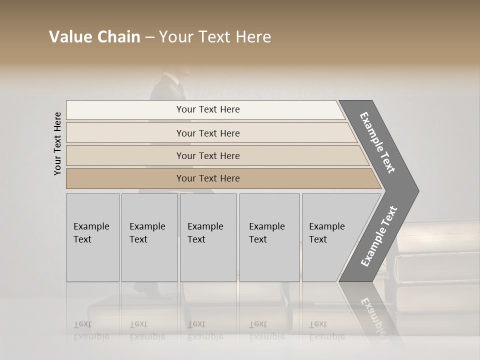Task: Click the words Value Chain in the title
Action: (94, 37)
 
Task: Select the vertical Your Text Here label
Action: (58, 143)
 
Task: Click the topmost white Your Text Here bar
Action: (207, 109)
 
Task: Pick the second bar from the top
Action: (207, 133)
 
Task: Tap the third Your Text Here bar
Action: (207, 155)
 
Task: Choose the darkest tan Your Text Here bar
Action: (207, 178)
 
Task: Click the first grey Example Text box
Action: (92, 237)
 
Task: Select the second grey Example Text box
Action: (149, 237)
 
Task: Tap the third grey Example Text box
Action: (208, 237)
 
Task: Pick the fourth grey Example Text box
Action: (269, 237)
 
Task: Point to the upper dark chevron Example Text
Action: (378, 142)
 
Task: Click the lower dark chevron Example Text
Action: (379, 236)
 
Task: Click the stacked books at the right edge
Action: (435, 260)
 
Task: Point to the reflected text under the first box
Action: (91, 330)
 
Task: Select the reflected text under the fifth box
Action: (326, 330)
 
